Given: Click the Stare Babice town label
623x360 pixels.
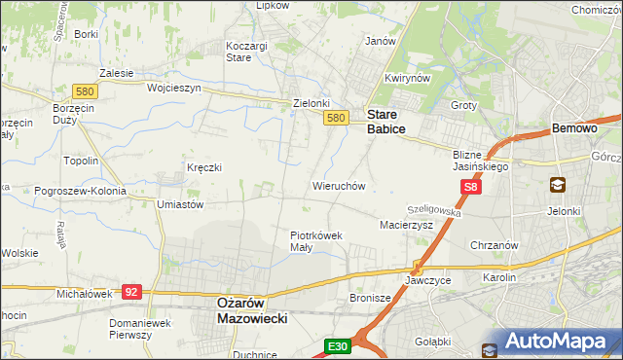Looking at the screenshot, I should click(385, 121).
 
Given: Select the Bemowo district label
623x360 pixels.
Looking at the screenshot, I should click(574, 128).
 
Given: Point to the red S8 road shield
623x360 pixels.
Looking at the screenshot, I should click(471, 186).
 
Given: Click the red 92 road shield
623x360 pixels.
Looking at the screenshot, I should click(132, 291).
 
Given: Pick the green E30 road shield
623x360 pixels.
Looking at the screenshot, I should click(337, 346).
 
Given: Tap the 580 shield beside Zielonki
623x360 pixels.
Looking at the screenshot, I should click(335, 118).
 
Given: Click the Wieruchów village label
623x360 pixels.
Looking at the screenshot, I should click(338, 185).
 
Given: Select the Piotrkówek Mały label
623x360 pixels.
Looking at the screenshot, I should click(315, 240).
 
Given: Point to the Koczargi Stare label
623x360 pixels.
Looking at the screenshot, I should click(252, 52).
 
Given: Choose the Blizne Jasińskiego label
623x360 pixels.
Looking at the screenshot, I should click(481, 160).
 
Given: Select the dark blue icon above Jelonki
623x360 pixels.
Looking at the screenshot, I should click(557, 185).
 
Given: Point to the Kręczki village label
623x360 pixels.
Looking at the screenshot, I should click(204, 166).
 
